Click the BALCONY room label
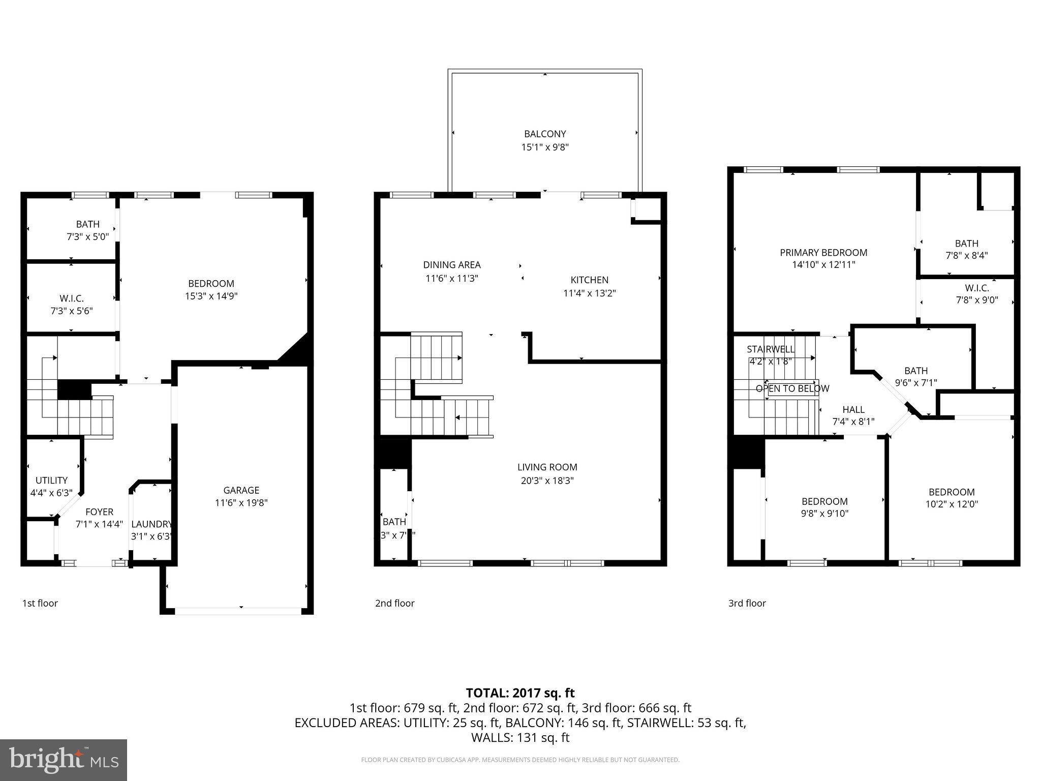(545, 134)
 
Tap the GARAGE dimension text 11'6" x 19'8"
(241, 503)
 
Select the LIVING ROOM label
(547, 467)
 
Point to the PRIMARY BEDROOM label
(823, 253)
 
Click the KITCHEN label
(589, 280)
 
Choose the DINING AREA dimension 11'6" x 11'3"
(452, 278)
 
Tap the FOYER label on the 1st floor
(99, 512)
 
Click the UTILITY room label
(51, 480)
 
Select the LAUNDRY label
(151, 524)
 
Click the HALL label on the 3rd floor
(853, 410)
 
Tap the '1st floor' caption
(40, 604)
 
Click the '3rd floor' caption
(747, 604)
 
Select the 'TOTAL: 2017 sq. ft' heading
(520, 693)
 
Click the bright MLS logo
(64, 760)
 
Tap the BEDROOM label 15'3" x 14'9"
(211, 284)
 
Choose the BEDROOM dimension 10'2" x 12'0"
(952, 504)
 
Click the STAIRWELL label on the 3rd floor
(770, 349)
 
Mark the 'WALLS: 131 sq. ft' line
(520, 738)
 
